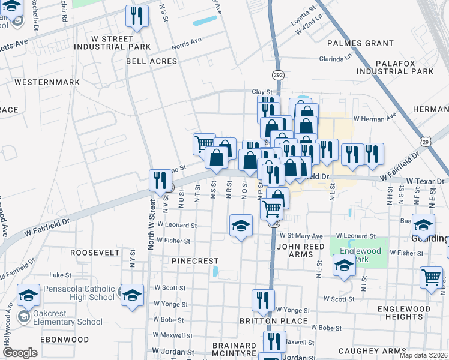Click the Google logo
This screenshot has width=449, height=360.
pyautogui.click(x=21, y=353)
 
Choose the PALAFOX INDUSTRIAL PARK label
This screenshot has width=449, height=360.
pyautogui.click(x=403, y=67)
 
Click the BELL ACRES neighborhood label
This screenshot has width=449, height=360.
pyautogui.click(x=152, y=61)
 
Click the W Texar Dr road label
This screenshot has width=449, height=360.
pyautogui.click(x=425, y=181)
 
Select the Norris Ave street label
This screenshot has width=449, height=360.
pyautogui.click(x=187, y=42)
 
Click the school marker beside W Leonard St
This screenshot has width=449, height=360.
pyautogui.click(x=241, y=226)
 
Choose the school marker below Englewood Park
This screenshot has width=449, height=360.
pyautogui.click(x=344, y=267)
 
